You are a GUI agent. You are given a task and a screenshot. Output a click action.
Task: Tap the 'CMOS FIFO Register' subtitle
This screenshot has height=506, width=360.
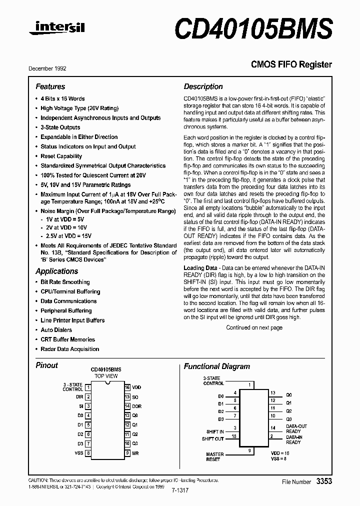click(x=291, y=64)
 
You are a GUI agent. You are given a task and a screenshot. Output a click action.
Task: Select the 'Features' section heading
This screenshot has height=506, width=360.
click(x=50, y=86)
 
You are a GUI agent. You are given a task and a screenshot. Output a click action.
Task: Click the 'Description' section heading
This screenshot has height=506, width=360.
click(x=203, y=86)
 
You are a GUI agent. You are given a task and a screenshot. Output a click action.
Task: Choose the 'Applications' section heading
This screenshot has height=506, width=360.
click(x=56, y=271)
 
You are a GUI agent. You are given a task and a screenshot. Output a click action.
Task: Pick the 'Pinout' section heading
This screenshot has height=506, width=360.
click(x=46, y=365)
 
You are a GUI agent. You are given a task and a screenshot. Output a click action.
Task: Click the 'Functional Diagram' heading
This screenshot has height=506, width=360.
click(x=216, y=366)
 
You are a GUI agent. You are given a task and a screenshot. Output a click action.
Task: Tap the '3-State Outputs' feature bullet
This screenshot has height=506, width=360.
click(x=60, y=127)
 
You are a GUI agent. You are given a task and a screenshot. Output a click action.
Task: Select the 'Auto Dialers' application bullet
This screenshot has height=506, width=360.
click(x=56, y=330)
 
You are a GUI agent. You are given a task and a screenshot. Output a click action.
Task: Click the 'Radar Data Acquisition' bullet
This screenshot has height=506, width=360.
click(x=69, y=349)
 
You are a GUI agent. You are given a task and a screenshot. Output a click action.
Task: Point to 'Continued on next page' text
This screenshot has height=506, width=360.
click(x=254, y=328)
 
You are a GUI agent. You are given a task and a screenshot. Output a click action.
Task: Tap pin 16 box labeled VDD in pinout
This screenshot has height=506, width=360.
click(x=127, y=387)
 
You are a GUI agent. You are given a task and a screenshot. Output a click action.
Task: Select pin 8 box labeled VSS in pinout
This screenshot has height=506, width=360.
click(x=88, y=453)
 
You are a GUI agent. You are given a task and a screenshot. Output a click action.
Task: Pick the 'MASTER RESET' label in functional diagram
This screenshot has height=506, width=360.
click(x=214, y=457)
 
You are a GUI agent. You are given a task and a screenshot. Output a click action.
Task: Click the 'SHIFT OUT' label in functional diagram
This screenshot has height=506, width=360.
click(x=212, y=439)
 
